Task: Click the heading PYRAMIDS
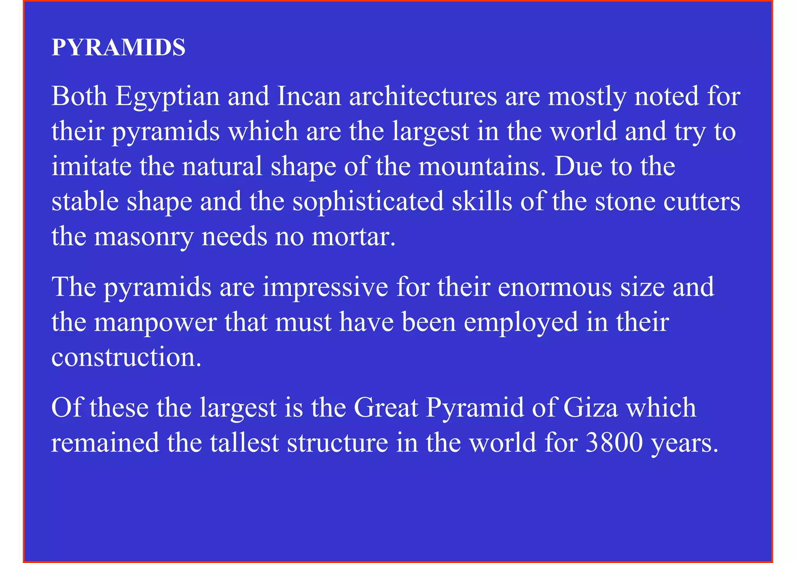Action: coord(119,47)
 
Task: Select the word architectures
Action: coord(423,96)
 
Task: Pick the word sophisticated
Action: coord(368,201)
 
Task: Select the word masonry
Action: coord(143,237)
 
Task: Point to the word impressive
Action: coord(325,287)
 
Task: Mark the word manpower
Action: coord(155,322)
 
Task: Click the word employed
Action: coord(521,322)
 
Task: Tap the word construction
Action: coord(126,357)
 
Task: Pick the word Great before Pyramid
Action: coord(386,408)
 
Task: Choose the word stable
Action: coord(85,201)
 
